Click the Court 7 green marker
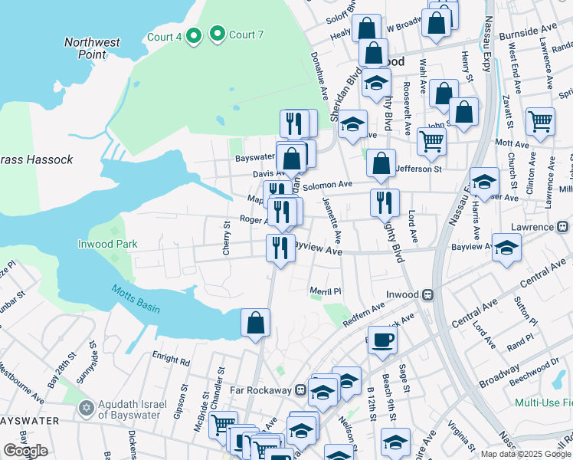218,34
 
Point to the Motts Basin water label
135,297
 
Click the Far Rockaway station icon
300,389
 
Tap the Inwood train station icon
429,294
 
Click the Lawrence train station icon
562,227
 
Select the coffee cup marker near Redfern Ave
382,340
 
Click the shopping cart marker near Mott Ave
540,121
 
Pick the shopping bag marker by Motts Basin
255,323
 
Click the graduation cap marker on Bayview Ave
506,248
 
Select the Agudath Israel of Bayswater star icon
87,406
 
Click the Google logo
25,451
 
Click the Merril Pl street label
325,291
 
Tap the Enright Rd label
170,360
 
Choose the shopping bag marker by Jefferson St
381,163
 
